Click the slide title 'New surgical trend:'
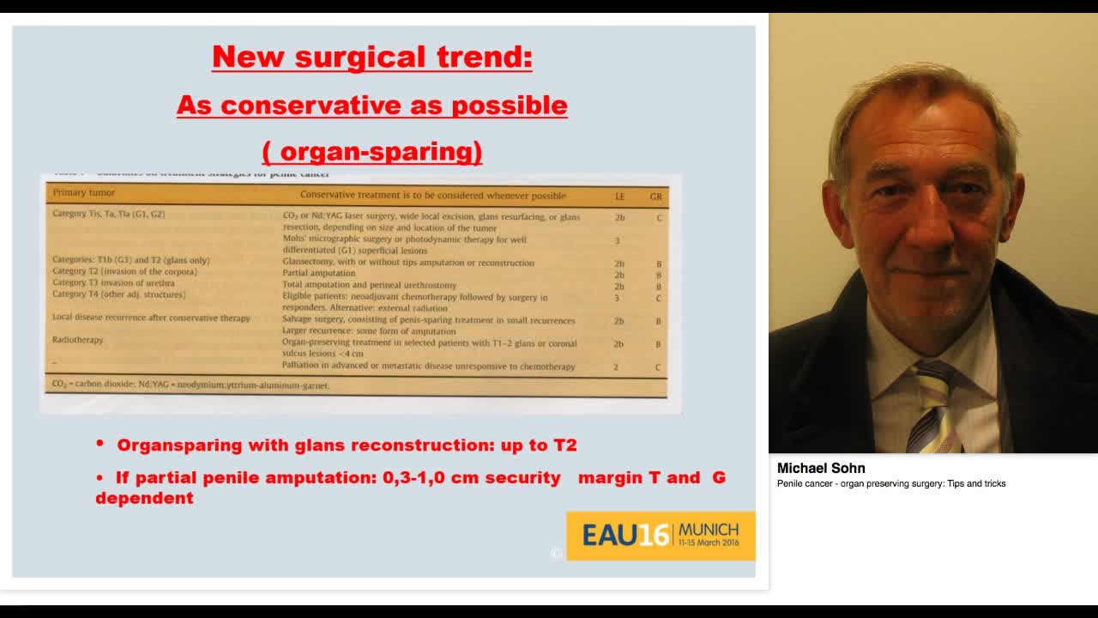pyautogui.click(x=371, y=58)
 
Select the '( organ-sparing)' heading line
pyautogui.click(x=371, y=152)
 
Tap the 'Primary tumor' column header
pyautogui.click(x=84, y=193)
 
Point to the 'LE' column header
pyautogui.click(x=619, y=197)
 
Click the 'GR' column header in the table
pyautogui.click(x=655, y=197)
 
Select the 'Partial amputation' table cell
pyautogui.click(x=318, y=273)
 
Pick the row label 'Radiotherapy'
pyautogui.click(x=78, y=340)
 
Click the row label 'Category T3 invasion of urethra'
pyautogui.click(x=113, y=283)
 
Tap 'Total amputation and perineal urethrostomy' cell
pyautogui.click(x=369, y=285)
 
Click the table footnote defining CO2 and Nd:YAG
pyautogui.click(x=190, y=385)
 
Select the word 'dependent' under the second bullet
pyautogui.click(x=144, y=499)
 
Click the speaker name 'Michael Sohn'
pyautogui.click(x=821, y=469)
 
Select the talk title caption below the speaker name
pyautogui.click(x=891, y=484)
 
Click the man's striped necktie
pyautogui.click(x=935, y=408)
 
